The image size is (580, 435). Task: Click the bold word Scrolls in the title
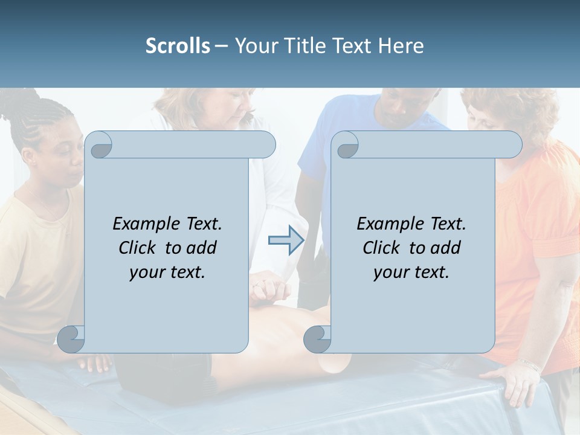click(178, 46)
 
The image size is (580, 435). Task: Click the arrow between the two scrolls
click(286, 240)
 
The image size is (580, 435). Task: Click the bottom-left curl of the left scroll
click(71, 339)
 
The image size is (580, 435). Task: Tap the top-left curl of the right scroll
click(346, 145)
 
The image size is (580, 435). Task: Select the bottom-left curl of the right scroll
click(317, 339)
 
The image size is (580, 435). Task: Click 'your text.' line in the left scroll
click(167, 272)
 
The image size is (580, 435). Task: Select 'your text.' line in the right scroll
click(411, 272)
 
